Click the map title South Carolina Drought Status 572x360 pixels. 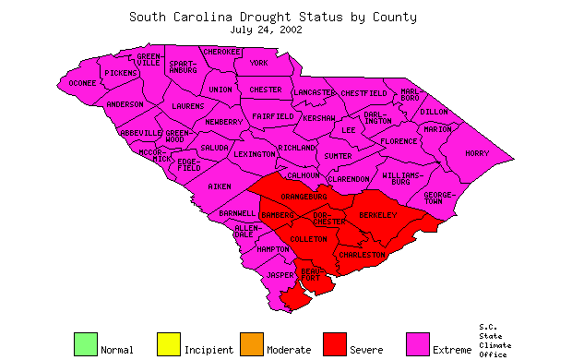(x=272, y=17)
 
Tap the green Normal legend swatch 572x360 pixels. (x=85, y=343)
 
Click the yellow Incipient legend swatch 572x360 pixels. (x=168, y=343)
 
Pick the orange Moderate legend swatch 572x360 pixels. (x=251, y=343)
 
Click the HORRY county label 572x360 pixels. (x=477, y=153)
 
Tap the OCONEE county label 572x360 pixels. (x=83, y=84)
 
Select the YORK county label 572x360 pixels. (x=259, y=64)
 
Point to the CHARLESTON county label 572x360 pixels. (x=361, y=254)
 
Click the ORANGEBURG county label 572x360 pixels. (x=304, y=197)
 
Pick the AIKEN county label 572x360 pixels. (x=220, y=186)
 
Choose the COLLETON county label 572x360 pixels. (x=308, y=239)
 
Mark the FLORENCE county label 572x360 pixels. (x=398, y=141)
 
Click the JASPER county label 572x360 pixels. (x=279, y=275)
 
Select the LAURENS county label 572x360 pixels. (x=188, y=106)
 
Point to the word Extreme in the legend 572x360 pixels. (x=451, y=350)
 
